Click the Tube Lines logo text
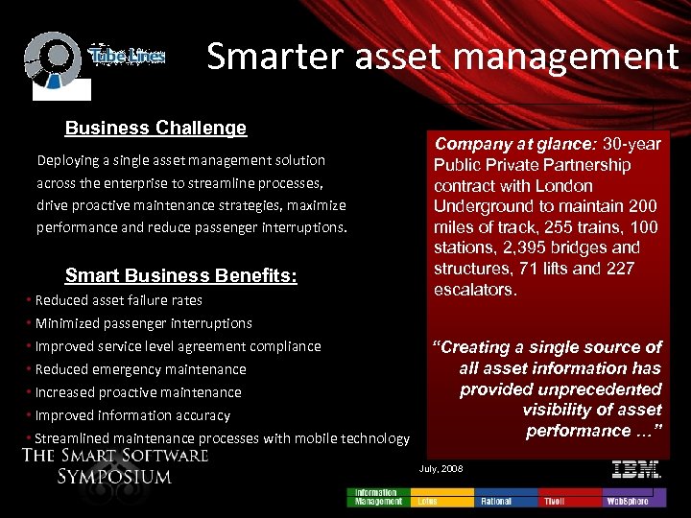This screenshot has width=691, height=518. click(x=127, y=57)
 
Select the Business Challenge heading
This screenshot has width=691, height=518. click(x=155, y=128)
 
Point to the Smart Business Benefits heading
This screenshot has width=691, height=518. click(x=180, y=276)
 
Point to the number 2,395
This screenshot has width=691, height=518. click(x=513, y=248)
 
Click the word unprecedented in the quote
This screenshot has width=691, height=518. click(x=560, y=389)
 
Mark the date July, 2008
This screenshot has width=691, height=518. click(x=441, y=468)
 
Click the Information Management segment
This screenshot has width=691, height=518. click(x=379, y=497)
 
